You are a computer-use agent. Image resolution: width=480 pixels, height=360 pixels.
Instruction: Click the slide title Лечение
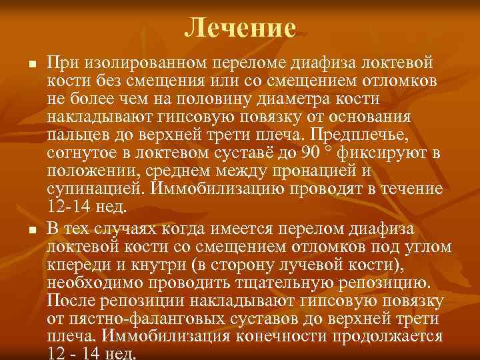click(239, 27)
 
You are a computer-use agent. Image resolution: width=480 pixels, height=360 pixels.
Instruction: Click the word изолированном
click(150, 63)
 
